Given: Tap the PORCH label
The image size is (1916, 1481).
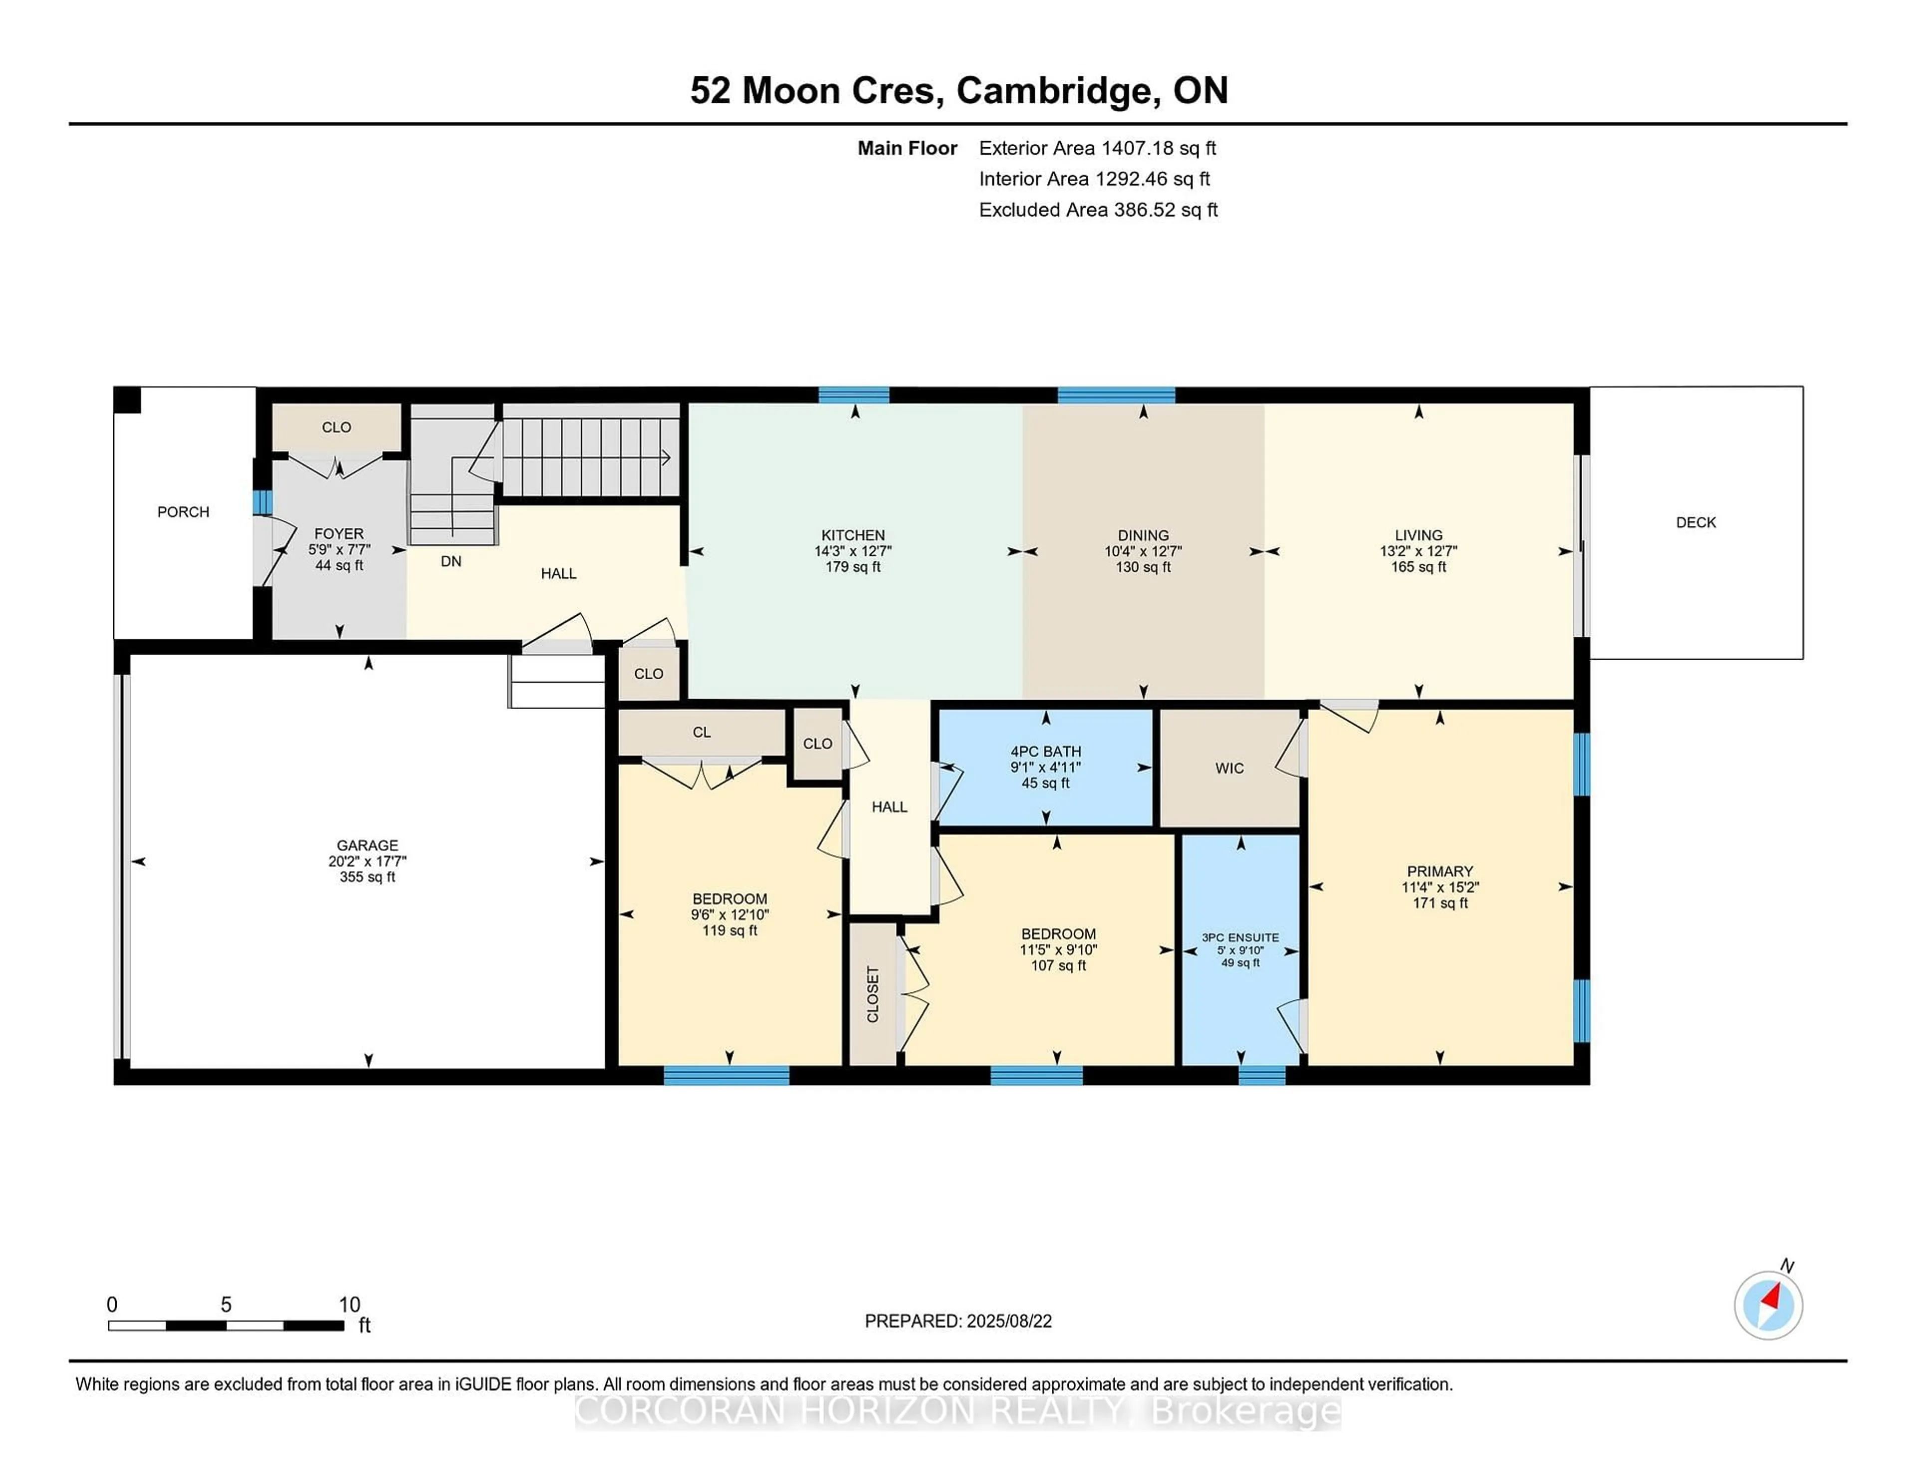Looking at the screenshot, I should point(183,511).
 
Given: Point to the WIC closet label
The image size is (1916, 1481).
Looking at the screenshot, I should point(1229,768).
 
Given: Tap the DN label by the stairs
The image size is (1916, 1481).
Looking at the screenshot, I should point(451,561).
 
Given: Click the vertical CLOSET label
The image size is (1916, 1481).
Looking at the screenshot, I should point(873,994).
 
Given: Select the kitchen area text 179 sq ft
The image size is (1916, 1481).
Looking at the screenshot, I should point(853,567).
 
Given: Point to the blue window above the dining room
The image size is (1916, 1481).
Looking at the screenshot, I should point(1115,395).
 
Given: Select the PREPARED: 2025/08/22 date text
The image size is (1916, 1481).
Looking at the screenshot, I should point(958,1320).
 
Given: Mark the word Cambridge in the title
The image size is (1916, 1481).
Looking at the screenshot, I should point(1054,90).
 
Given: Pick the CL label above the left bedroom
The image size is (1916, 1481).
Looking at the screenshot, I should point(701,732).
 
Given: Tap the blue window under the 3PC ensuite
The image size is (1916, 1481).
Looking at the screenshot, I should point(1261,1075).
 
